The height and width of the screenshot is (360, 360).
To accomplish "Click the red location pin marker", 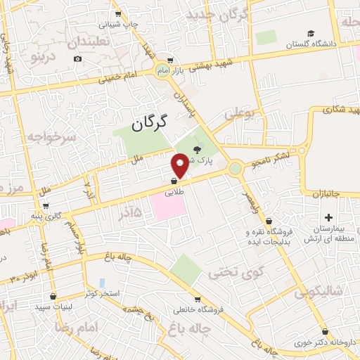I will click(x=180, y=165).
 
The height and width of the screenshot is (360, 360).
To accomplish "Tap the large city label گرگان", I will click(x=151, y=124).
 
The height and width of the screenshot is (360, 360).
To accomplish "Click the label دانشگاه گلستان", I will click(x=311, y=44).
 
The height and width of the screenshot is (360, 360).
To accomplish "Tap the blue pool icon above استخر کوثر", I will click(x=102, y=283).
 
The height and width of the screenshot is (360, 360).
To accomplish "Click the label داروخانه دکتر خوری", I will click(x=321, y=342).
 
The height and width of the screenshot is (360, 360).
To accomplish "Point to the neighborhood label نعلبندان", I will click(x=90, y=42).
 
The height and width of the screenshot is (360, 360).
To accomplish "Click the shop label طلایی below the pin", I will click(x=174, y=191).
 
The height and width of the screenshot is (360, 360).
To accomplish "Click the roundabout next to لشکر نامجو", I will click(x=235, y=168).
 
